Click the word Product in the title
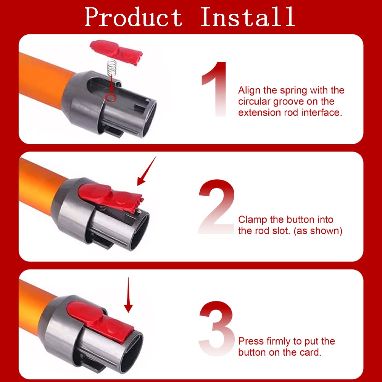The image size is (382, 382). (134, 17)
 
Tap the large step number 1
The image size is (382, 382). (215, 89)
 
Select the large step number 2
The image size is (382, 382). (217, 207)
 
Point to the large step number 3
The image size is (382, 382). (217, 329)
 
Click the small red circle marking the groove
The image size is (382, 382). (110, 97)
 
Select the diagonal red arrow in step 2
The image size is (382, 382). (147, 171)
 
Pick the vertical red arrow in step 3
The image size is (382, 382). (128, 295)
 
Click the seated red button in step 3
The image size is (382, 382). (100, 321)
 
